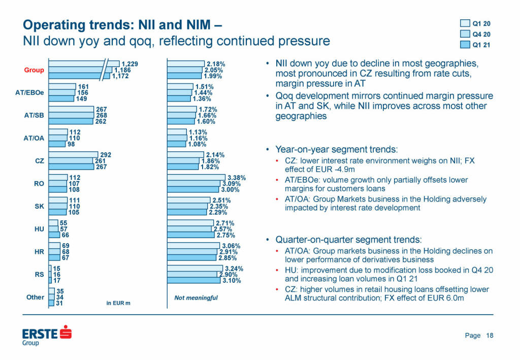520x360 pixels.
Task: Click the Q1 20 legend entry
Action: coord(475,23)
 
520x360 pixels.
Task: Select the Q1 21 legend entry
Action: coord(475,45)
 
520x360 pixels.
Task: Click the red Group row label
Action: coord(34,70)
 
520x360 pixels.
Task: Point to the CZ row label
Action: coord(39,161)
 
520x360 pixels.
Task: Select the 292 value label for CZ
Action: coord(106,155)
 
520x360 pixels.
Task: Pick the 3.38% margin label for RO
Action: coord(236,178)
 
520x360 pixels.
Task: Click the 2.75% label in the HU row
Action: coord(226,235)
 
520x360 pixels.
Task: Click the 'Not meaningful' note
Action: coord(196,298)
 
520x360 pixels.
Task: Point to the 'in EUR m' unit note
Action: coord(118,304)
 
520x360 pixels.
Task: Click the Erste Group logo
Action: coord(46,336)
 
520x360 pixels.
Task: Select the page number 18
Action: coord(490,336)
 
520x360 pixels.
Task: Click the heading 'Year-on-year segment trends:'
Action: coord(337,150)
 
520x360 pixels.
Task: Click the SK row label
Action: coord(39,207)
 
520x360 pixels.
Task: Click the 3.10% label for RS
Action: coord(231,280)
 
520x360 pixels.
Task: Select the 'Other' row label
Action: coord(35,297)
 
